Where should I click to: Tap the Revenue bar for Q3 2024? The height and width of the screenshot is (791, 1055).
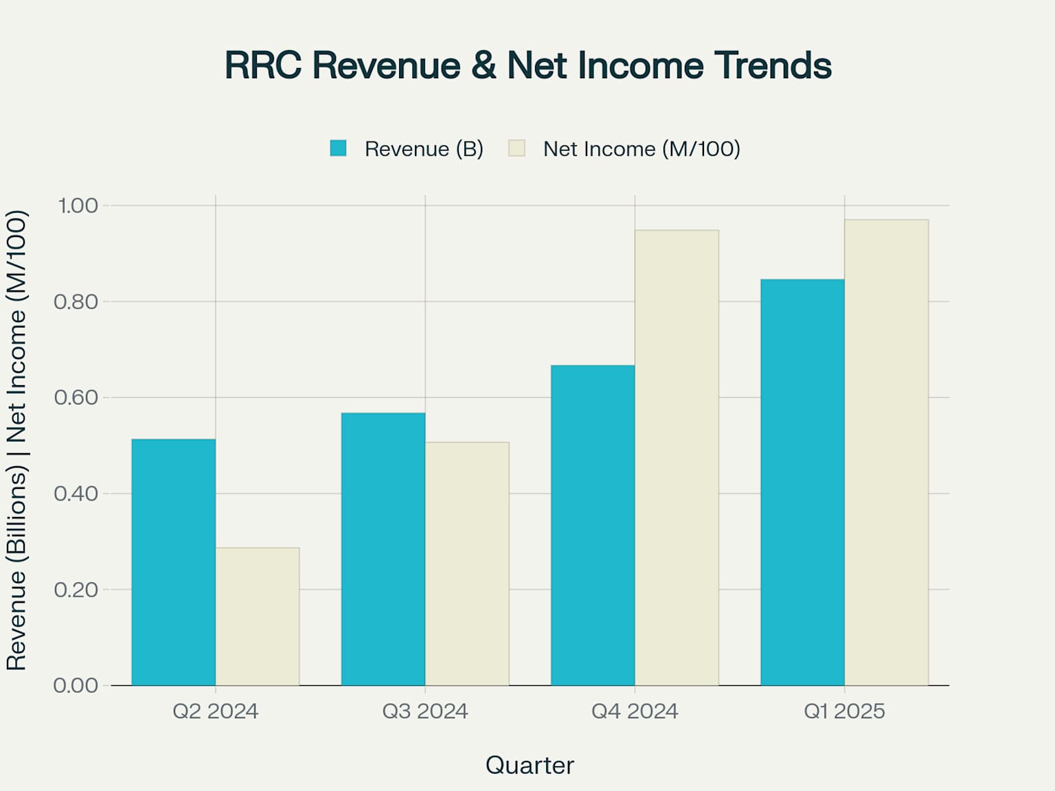(383, 549)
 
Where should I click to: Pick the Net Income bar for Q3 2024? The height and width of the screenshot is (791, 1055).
(467, 563)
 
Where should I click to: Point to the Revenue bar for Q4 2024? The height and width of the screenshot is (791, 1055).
(593, 525)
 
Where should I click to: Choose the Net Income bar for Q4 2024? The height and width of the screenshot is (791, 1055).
(677, 457)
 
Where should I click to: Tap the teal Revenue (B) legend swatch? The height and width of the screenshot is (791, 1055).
(338, 148)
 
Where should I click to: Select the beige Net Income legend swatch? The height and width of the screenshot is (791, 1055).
(517, 148)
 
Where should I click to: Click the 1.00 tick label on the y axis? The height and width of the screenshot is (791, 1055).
(78, 205)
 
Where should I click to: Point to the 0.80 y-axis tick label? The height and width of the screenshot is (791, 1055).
(76, 301)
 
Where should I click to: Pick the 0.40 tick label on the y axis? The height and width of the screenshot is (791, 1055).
(76, 494)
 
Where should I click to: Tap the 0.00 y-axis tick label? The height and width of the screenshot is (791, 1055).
(76, 685)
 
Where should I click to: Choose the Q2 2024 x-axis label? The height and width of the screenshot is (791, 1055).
(216, 711)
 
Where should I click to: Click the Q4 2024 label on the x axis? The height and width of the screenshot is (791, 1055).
(635, 711)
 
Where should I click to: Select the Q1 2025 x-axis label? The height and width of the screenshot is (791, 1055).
(844, 711)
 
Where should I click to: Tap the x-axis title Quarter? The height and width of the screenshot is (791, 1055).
(530, 765)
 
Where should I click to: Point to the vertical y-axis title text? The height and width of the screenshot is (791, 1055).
(16, 439)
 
